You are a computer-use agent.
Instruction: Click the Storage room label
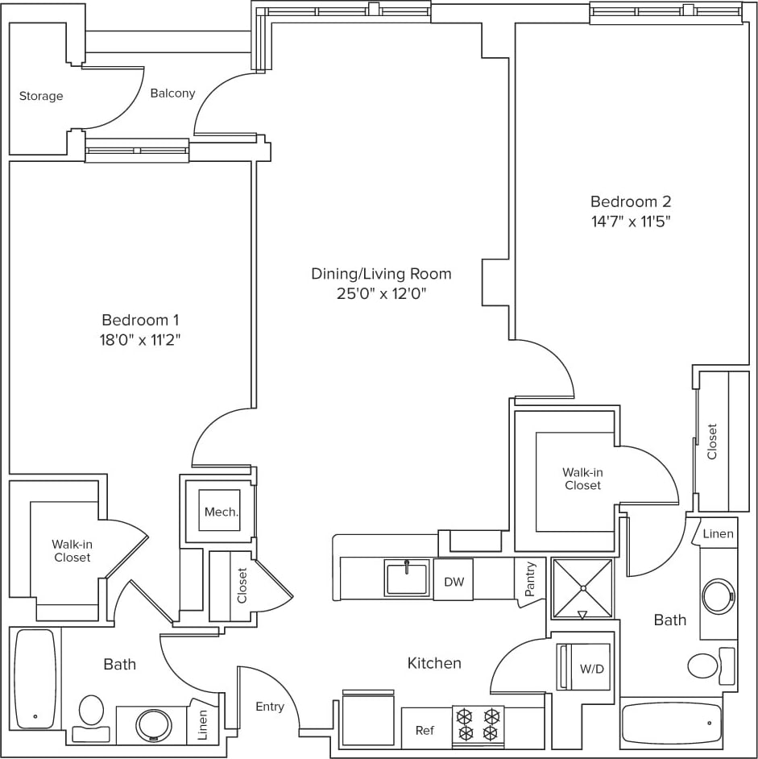point(41,96)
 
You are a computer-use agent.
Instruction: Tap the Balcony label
point(172,93)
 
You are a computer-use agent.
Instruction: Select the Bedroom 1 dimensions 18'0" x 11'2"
point(136,340)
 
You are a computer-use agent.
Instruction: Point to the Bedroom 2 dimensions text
point(630,222)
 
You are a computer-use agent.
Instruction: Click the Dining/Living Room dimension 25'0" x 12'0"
point(381,294)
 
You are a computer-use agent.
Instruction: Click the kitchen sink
point(407,579)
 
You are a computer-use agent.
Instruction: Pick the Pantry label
point(529,579)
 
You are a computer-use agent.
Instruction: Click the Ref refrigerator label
point(425,730)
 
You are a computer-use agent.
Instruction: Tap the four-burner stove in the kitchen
point(478,724)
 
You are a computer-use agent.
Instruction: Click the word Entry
point(270,707)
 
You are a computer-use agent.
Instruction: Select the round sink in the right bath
point(718,596)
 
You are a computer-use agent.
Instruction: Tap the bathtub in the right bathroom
point(672,722)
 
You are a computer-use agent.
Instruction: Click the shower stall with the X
point(582,587)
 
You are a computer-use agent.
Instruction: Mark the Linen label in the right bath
point(718,533)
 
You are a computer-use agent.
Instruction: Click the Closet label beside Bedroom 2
point(711,442)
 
